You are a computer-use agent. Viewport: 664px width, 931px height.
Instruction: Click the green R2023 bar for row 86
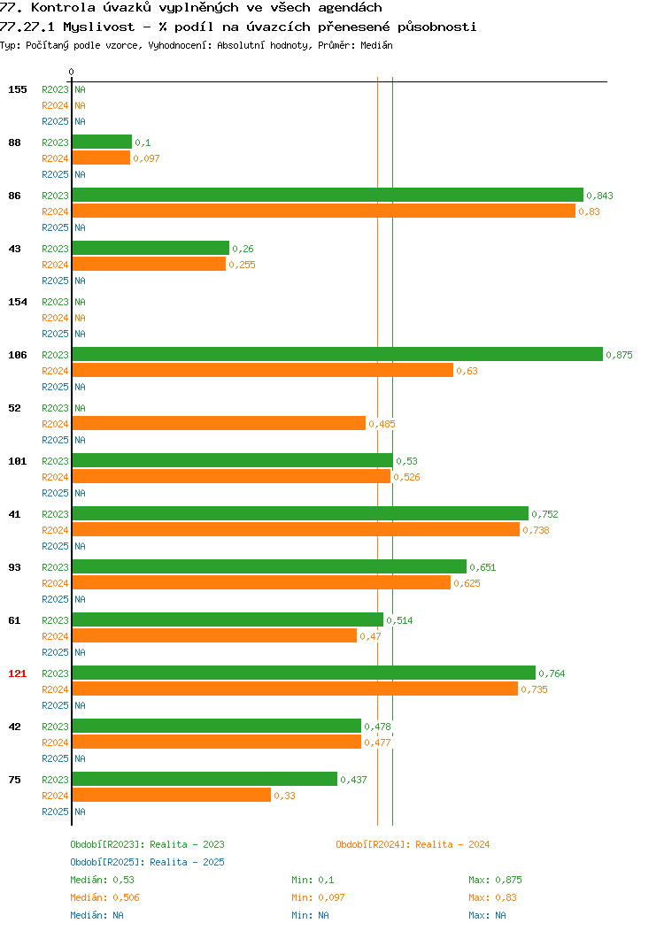pyautogui.click(x=328, y=195)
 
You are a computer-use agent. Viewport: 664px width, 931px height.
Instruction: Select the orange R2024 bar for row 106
pyautogui.click(x=263, y=370)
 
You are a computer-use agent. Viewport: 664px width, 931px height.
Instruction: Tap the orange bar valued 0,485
pyautogui.click(x=220, y=423)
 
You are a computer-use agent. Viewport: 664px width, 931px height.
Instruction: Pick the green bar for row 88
pyautogui.click(x=102, y=142)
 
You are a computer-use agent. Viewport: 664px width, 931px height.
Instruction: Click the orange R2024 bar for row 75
pyautogui.click(x=172, y=795)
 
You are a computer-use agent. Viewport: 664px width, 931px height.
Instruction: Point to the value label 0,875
pyautogui.click(x=619, y=355)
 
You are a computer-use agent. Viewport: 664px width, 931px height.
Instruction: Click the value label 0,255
pyautogui.click(x=243, y=265)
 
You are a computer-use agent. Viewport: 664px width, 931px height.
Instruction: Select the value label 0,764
pyautogui.click(x=552, y=673)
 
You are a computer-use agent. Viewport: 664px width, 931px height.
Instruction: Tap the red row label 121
pyautogui.click(x=17, y=673)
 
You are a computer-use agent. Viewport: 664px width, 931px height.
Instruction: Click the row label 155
pyautogui.click(x=17, y=89)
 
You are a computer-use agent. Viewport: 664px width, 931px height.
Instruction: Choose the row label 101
pyautogui.click(x=17, y=461)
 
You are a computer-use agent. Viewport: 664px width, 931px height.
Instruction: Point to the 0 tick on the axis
pyautogui.click(x=72, y=72)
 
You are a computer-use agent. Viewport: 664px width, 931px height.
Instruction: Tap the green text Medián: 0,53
pyautogui.click(x=102, y=880)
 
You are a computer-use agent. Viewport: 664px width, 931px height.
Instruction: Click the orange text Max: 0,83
pyautogui.click(x=492, y=897)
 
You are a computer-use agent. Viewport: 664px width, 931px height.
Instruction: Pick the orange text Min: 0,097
pyautogui.click(x=318, y=897)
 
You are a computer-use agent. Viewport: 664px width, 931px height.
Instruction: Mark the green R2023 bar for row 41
pyautogui.click(x=300, y=513)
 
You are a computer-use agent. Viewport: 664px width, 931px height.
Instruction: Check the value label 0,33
pyautogui.click(x=284, y=796)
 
